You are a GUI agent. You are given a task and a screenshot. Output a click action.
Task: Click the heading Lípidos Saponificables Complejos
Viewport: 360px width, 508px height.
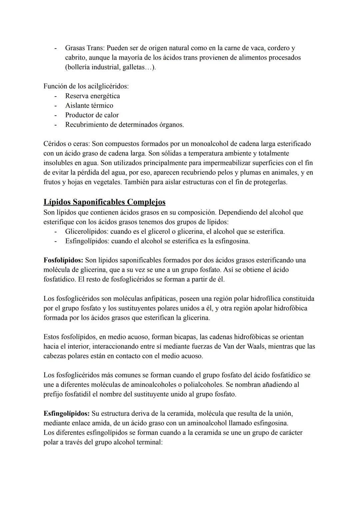coord(104,202)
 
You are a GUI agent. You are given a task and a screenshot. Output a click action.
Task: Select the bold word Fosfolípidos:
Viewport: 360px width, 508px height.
coord(63,260)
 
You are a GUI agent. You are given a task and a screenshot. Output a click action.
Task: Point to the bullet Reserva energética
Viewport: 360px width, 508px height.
coord(92,96)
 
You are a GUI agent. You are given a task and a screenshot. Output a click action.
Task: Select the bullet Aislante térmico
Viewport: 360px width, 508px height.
coord(89,106)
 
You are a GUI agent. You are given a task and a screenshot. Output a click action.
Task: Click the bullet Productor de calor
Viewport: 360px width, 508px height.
coord(92,115)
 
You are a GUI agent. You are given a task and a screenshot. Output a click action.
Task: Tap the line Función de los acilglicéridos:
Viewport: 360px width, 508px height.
coord(86,86)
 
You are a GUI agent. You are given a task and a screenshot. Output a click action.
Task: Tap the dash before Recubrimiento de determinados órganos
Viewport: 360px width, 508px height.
coord(56,125)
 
